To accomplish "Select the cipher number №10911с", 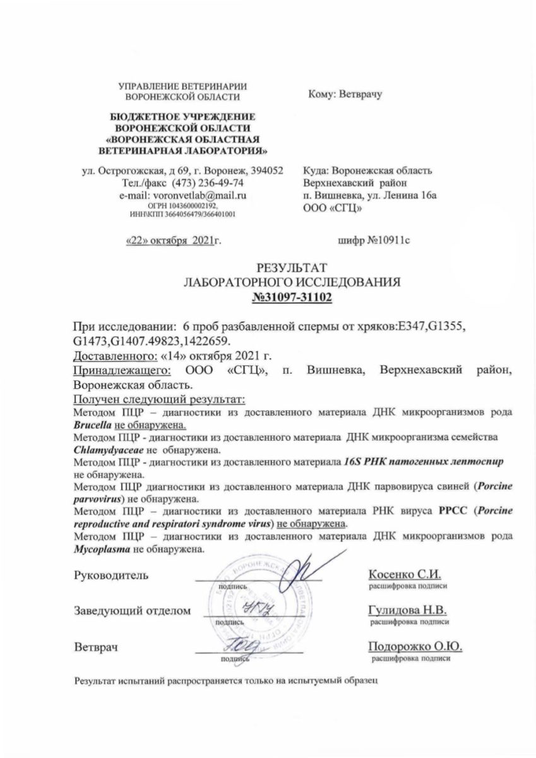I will pos(375,240).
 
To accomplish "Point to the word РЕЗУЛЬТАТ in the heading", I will pos(292,268).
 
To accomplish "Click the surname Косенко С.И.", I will pos(403,574).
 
